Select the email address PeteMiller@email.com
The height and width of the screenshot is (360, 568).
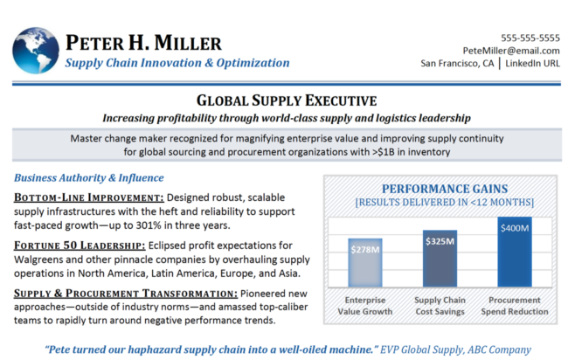click(x=511, y=51)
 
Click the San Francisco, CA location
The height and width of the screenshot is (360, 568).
click(x=457, y=63)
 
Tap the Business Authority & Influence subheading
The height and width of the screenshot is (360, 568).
click(x=77, y=177)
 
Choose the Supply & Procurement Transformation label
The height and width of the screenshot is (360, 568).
click(x=110, y=292)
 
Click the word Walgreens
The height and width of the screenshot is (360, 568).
click(x=42, y=260)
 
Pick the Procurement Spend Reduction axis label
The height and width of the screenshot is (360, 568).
click(x=514, y=307)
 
